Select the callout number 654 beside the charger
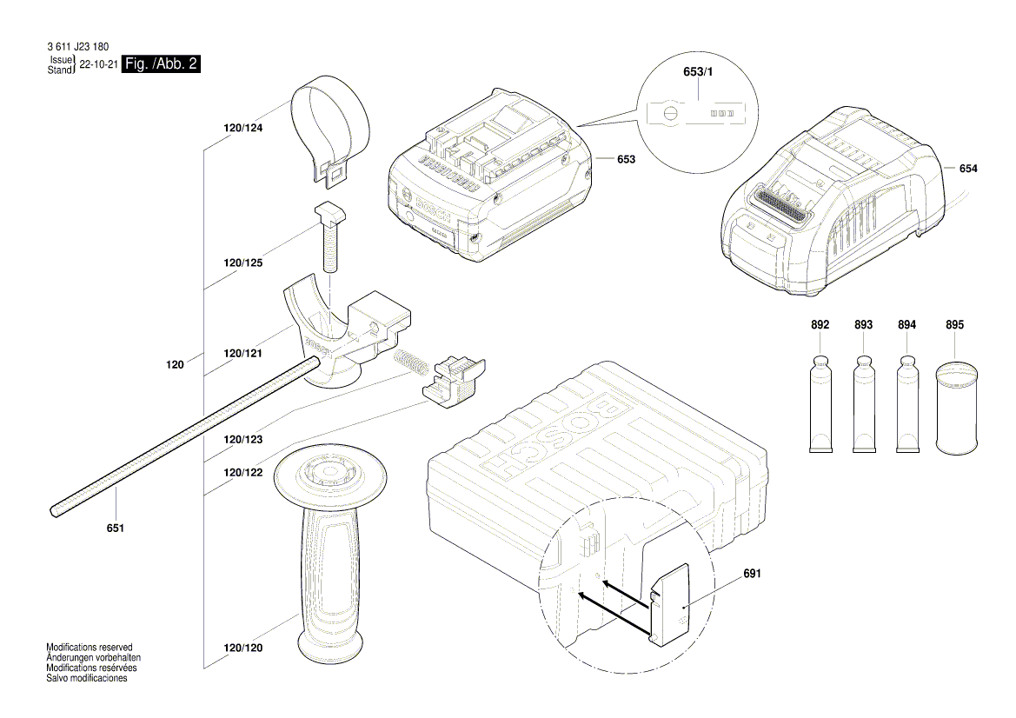point(968,169)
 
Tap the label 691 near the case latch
point(753,575)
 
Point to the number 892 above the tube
point(820,324)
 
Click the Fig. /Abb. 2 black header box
point(162,64)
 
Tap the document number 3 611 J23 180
point(78,47)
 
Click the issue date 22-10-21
point(99,65)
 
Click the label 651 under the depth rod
point(116,528)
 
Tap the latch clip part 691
point(670,603)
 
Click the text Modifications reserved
point(90,648)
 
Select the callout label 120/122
point(242,472)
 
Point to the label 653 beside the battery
point(626,159)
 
